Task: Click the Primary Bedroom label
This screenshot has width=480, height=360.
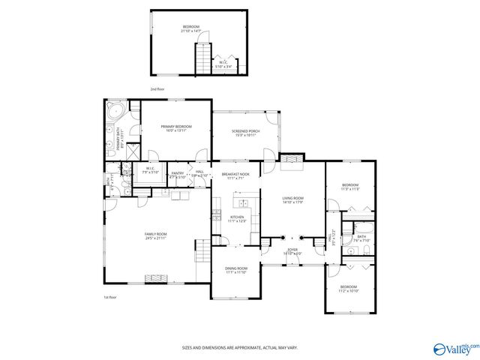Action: coord(176,128)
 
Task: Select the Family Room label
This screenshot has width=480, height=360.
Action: coord(156,236)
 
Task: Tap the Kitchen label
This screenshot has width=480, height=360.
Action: coord(237,219)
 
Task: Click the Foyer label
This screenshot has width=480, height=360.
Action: coord(292,251)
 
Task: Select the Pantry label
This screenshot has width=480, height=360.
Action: coord(178,175)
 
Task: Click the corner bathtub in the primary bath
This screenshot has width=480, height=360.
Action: coord(114,113)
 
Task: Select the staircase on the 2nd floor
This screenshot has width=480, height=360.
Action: coord(203,58)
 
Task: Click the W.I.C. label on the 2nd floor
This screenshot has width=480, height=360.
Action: coord(224,65)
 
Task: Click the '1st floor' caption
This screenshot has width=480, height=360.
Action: coord(110,298)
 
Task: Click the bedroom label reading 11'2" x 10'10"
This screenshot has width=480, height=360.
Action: coord(349,289)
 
